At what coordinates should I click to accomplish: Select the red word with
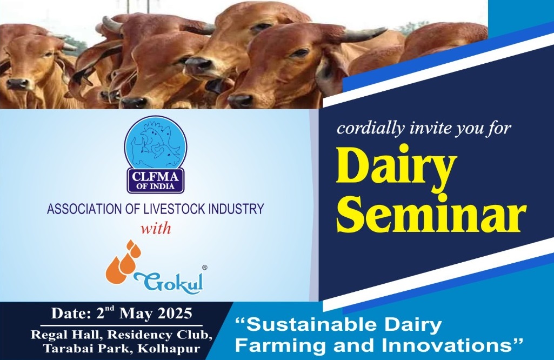click(x=156, y=228)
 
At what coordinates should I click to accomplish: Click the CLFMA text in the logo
click(x=156, y=175)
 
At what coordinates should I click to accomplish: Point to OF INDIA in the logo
click(x=156, y=186)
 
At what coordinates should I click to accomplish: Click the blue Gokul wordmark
click(x=169, y=281)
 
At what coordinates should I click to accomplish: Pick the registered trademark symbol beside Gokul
click(x=204, y=268)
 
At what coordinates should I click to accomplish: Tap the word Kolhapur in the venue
click(x=169, y=349)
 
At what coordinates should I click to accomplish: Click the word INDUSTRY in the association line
click(x=236, y=209)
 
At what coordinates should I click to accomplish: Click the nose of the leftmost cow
click(x=17, y=84)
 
